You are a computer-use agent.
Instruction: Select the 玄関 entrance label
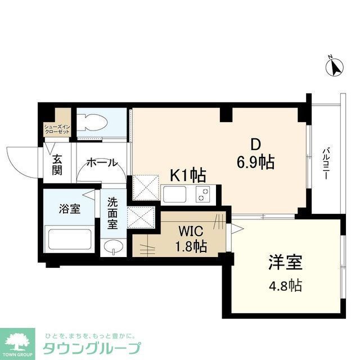57,162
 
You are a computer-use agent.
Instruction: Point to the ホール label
102,163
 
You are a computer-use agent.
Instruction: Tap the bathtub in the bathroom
69,238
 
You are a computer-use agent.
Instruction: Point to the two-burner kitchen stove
201,195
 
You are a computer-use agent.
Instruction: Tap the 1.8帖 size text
190,246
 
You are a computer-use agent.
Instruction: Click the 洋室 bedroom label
285,262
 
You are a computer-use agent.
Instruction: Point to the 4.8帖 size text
285,285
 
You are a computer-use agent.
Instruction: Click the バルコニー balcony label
326,163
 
